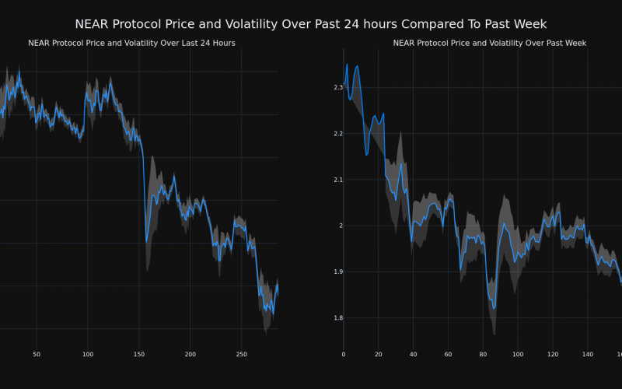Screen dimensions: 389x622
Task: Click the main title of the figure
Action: click(x=311, y=24)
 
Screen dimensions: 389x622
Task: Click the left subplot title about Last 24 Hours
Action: click(x=131, y=44)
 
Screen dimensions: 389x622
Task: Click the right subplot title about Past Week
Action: click(x=490, y=44)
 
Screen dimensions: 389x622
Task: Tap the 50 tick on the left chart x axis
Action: click(x=37, y=355)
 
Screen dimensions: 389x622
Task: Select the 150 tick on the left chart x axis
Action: click(x=139, y=355)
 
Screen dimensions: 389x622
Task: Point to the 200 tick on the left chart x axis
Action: click(x=190, y=355)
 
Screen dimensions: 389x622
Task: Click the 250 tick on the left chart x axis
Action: click(x=242, y=355)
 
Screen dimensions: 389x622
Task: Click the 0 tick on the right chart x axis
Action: click(x=344, y=355)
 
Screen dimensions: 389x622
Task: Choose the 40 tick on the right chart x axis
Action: click(x=413, y=355)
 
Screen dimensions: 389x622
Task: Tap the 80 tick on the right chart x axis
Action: click(x=483, y=355)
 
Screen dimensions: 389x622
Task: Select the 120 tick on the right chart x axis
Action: click(x=553, y=355)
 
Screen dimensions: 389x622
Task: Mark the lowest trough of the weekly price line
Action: click(x=494, y=309)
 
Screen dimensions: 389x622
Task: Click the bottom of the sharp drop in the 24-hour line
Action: click(x=146, y=241)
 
